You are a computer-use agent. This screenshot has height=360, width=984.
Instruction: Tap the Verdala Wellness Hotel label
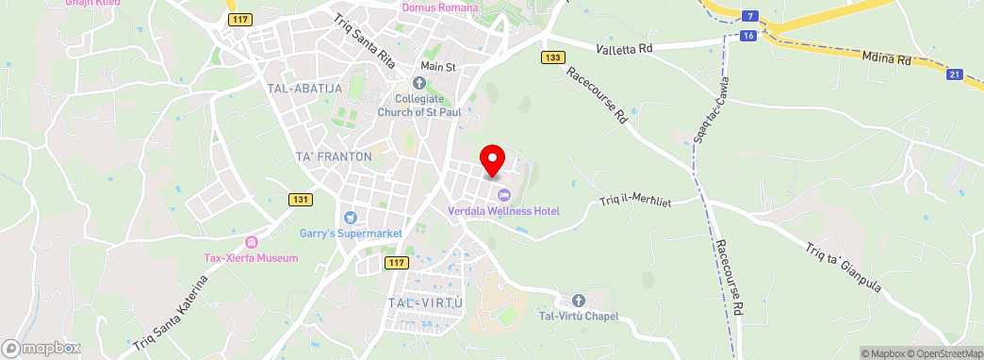[x=503, y=210]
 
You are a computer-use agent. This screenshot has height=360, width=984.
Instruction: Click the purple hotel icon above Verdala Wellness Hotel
[x=503, y=195]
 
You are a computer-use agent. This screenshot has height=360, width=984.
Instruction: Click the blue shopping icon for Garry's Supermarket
[x=351, y=218]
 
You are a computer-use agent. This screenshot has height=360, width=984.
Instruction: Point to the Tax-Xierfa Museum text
[x=252, y=257]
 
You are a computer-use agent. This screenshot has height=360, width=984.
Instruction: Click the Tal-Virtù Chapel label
[x=578, y=316]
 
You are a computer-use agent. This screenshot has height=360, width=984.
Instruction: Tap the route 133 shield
[x=553, y=57]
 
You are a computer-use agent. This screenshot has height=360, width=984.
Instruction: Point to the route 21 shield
[x=955, y=74]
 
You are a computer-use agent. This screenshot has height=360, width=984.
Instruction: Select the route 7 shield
[x=748, y=16]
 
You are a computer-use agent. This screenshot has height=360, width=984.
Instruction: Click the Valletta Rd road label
[x=625, y=48]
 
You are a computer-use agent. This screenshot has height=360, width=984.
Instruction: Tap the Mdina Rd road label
[x=886, y=59]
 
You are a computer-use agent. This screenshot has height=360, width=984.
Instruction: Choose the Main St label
[x=438, y=68]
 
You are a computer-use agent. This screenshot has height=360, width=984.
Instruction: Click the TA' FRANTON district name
[x=334, y=156]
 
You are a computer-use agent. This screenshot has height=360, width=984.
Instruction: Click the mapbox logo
[x=41, y=348]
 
